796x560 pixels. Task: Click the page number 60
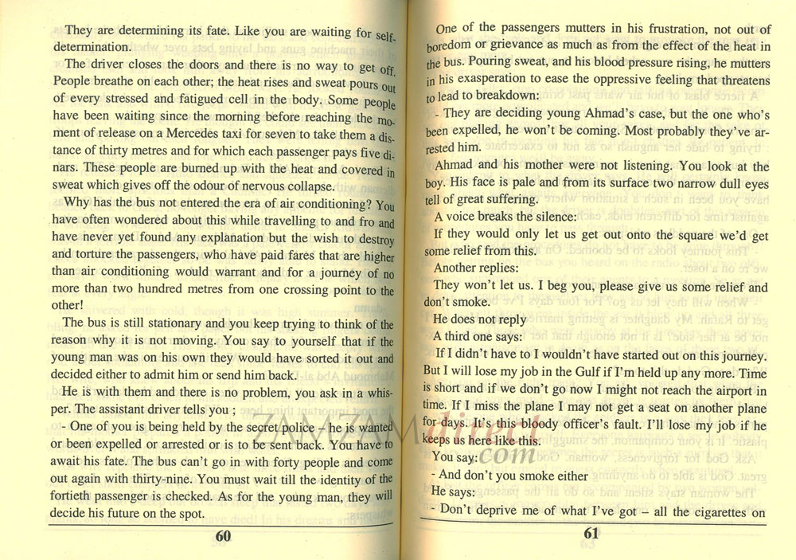coord(222,536)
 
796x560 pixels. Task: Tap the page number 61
coord(590,534)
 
